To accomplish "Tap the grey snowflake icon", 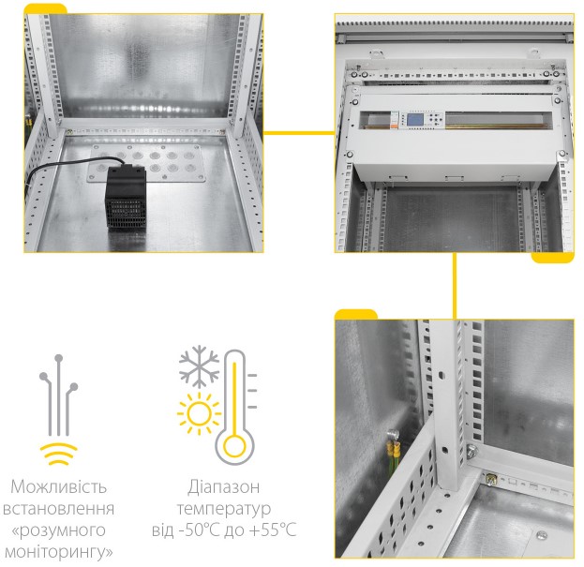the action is tap(199, 366).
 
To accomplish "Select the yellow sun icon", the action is tap(199, 413).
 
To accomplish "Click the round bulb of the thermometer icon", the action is tap(234, 447).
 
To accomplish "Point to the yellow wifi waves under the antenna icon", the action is tap(58, 455).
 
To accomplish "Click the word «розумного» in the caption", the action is tap(58, 530).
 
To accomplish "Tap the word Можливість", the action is tap(58, 486).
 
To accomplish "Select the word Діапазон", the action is tap(223, 486).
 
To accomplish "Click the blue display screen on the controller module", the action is tap(415, 120).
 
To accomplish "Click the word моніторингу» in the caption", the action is tap(58, 552).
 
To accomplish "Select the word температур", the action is tap(223, 509).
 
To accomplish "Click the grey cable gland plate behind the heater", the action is tap(146, 163).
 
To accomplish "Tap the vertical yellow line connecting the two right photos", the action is tap(454, 286).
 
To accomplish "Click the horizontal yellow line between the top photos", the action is tap(299, 132).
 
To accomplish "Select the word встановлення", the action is tap(58, 509).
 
